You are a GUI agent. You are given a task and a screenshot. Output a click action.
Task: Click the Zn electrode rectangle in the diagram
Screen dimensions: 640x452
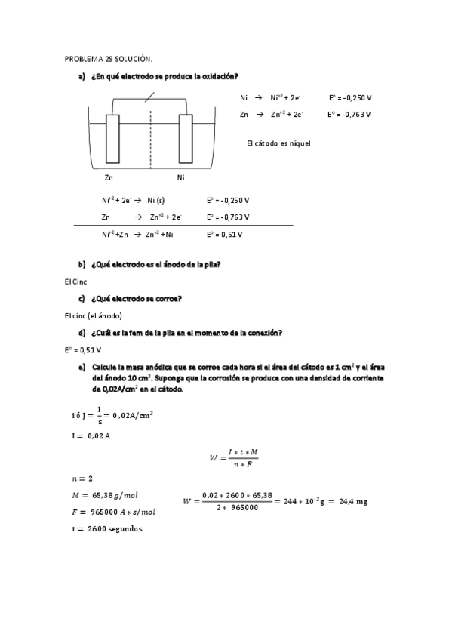pos(112,138)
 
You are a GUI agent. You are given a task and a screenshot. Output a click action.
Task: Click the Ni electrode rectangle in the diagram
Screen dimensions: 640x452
pos(186,138)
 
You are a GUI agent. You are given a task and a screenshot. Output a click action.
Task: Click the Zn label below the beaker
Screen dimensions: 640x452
pos(109,178)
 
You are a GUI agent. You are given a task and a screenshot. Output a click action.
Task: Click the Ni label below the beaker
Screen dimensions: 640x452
pos(180,178)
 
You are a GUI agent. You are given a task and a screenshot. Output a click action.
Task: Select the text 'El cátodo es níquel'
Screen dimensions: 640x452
pos(278,143)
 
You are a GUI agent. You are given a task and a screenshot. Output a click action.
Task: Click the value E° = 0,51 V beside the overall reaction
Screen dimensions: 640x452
pos(224,234)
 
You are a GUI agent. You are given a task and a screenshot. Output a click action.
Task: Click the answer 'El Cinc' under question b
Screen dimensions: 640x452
pos(76,281)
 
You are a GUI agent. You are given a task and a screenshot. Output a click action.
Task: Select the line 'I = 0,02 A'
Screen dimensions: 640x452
pos(88,435)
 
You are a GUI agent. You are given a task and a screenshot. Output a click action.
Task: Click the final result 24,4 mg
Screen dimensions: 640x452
pos(351,501)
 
